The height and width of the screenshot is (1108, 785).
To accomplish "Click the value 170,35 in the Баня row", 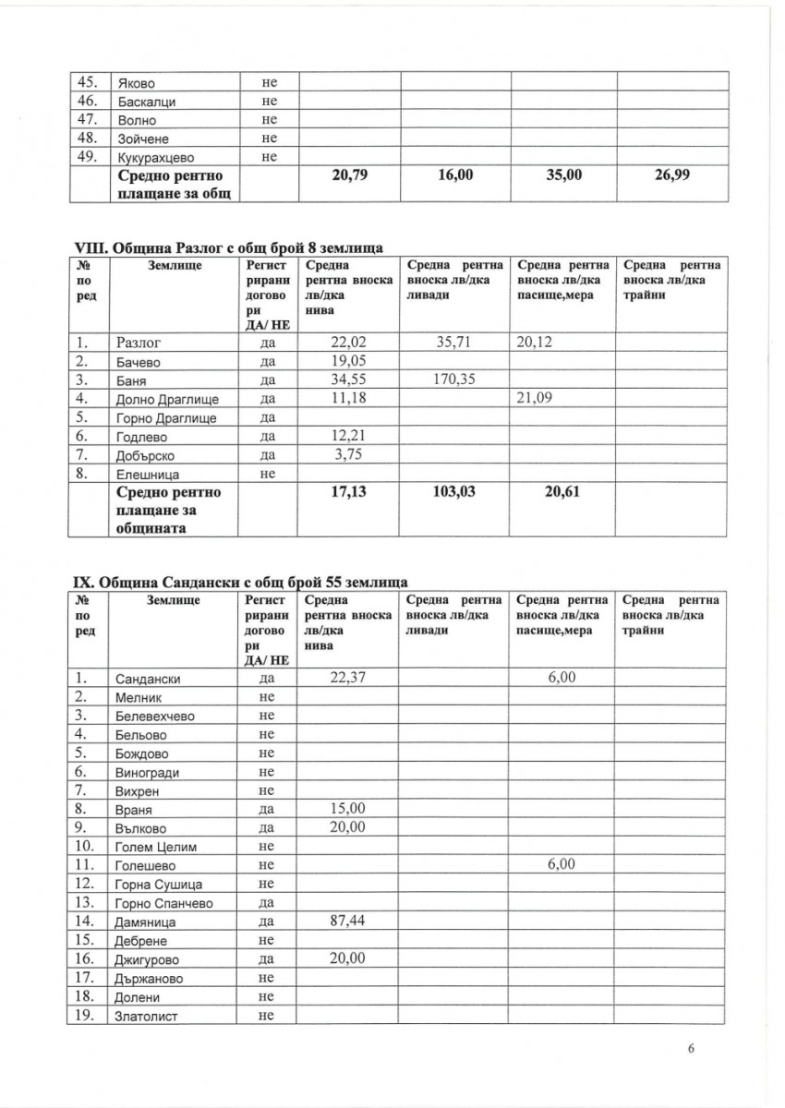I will click(x=453, y=379).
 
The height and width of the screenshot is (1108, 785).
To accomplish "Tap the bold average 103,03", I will click(x=453, y=492).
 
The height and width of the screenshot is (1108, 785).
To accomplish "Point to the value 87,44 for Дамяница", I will click(x=347, y=921).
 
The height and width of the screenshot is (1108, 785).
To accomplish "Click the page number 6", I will click(x=690, y=1048).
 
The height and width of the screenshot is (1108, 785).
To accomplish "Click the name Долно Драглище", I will click(x=166, y=399).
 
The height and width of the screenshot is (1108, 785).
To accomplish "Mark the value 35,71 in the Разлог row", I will click(x=453, y=341).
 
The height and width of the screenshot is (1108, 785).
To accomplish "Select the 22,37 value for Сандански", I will click(x=347, y=678).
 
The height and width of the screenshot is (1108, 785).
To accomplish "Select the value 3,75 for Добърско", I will click(x=347, y=453).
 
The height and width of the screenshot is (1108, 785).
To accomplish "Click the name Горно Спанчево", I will click(x=165, y=903).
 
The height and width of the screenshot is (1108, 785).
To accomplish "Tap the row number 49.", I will click(x=89, y=156).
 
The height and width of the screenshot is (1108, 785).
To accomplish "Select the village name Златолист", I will click(x=147, y=1017).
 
